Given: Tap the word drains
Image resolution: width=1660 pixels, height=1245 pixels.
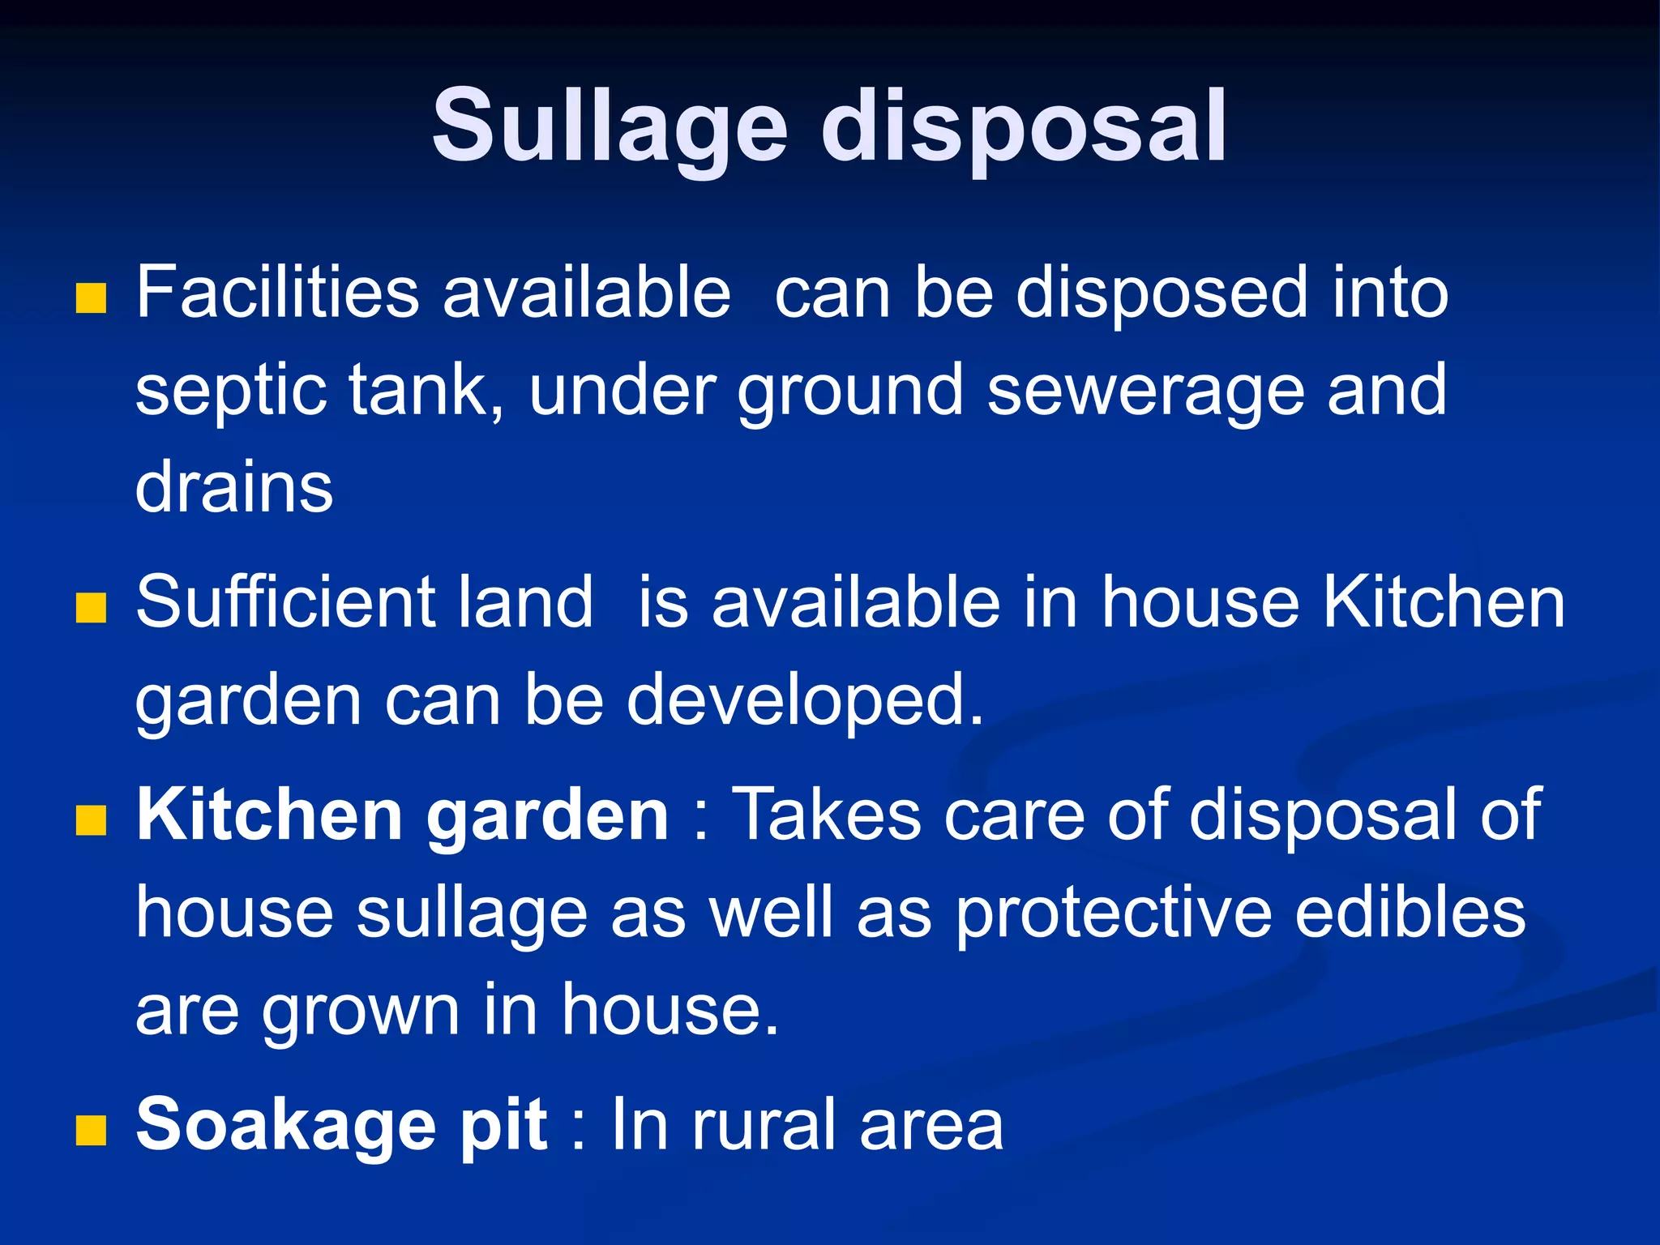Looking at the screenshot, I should tap(234, 488).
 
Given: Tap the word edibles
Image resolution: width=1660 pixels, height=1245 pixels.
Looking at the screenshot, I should tap(1410, 913).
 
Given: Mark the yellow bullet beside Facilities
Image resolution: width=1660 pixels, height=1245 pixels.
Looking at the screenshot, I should tap(91, 298).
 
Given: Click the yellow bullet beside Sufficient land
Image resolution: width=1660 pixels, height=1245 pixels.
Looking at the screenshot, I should tap(91, 608).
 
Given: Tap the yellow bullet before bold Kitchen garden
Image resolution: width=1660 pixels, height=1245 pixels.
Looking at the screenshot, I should tap(91, 820).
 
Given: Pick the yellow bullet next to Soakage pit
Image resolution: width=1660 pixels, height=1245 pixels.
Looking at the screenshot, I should tap(91, 1130).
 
